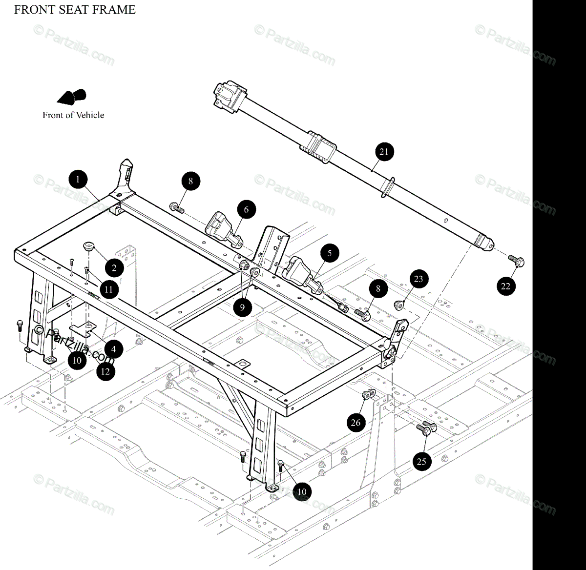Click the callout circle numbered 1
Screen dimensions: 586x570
point(78,179)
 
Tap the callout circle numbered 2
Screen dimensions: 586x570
point(114,267)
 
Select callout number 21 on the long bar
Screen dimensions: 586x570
point(384,151)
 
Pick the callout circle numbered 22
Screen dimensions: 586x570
point(505,285)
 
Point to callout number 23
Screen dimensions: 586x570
point(419,279)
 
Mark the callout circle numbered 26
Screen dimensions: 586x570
point(356,422)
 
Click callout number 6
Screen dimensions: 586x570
point(246,210)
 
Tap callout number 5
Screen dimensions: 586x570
point(330,253)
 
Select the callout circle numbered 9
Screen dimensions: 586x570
point(242,307)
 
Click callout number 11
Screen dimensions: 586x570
point(108,289)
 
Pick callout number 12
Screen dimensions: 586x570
point(105,371)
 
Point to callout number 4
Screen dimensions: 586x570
point(113,349)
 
